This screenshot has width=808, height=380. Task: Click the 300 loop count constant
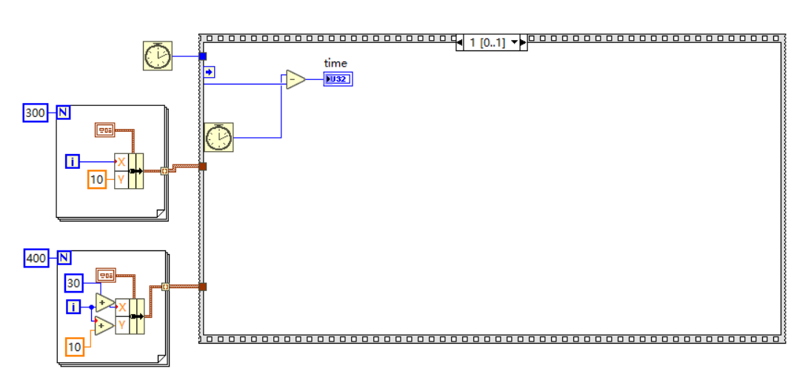(x=35, y=113)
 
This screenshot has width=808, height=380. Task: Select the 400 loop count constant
(x=35, y=259)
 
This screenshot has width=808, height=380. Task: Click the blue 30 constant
(x=73, y=282)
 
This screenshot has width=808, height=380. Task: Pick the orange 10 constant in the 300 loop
(x=97, y=179)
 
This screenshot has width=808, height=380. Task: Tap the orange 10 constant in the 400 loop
(x=75, y=347)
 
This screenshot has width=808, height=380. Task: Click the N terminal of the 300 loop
(x=64, y=113)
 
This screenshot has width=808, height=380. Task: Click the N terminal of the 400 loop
(x=64, y=259)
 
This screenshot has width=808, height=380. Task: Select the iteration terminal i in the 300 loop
(x=73, y=161)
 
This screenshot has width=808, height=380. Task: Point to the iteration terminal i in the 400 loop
(x=73, y=306)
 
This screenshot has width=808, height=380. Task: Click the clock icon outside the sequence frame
(x=157, y=56)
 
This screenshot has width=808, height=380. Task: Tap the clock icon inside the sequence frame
(x=218, y=138)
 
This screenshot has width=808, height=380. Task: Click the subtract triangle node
(x=295, y=79)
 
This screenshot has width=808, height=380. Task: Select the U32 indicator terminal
(x=338, y=79)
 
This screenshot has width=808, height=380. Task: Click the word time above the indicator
(x=335, y=64)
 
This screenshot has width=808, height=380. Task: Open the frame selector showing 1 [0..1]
(x=491, y=43)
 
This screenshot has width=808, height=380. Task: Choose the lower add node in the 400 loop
(x=104, y=324)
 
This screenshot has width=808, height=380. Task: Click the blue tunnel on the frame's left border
(x=203, y=56)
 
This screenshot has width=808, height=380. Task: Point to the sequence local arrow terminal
(x=209, y=72)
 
